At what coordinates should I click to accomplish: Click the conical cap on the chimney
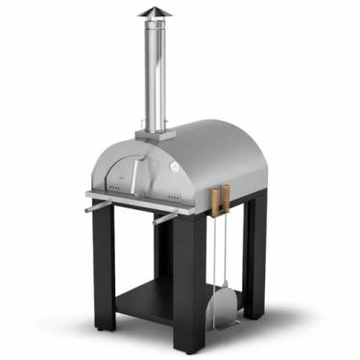pyautogui.click(x=152, y=12)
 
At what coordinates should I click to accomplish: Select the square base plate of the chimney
pyautogui.click(x=152, y=132)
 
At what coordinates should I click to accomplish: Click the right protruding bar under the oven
pyautogui.click(x=166, y=217)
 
